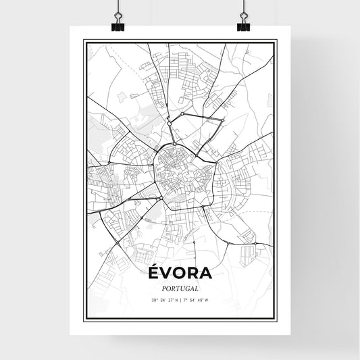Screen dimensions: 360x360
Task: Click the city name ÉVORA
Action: [x=180, y=274]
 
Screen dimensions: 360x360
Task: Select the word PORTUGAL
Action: [x=180, y=288]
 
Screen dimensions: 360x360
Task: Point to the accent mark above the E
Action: [x=153, y=265]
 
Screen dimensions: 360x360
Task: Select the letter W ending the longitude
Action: [x=206, y=300]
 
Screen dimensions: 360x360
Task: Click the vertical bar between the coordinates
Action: [x=180, y=300]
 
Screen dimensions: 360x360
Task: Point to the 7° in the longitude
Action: [x=184, y=300]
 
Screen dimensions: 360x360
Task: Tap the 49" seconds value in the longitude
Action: [x=199, y=300]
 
